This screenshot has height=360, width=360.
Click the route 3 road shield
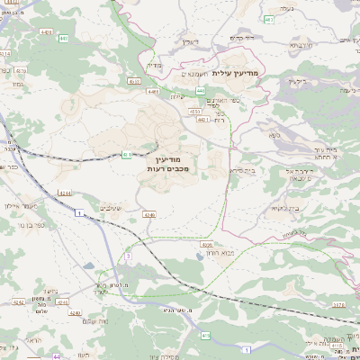[x=129, y=256]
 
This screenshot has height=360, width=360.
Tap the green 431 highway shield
[x=127, y=155]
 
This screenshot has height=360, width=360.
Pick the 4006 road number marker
[x=208, y=244]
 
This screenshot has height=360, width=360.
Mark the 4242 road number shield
[x=20, y=303]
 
